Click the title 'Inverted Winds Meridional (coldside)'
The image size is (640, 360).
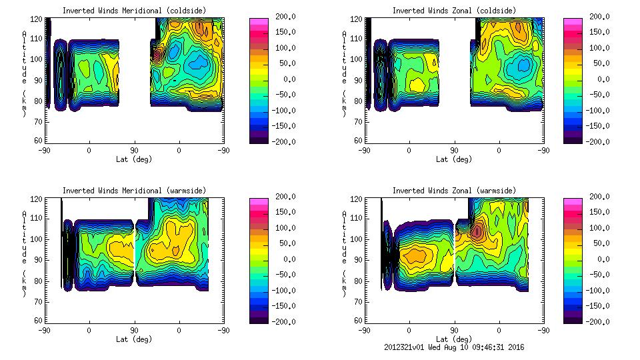[x=134, y=10]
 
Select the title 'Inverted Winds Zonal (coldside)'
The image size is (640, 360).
[x=454, y=10]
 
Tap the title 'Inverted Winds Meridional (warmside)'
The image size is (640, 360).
[x=134, y=191]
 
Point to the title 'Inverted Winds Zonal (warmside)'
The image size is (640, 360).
[x=454, y=191]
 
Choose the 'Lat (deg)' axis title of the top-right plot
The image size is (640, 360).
[x=454, y=159]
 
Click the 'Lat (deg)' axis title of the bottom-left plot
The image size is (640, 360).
[x=134, y=339]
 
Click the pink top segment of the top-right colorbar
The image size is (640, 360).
[x=571, y=23]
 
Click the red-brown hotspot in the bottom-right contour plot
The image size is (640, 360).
[x=477, y=231]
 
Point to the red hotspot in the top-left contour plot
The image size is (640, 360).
[x=157, y=57]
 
